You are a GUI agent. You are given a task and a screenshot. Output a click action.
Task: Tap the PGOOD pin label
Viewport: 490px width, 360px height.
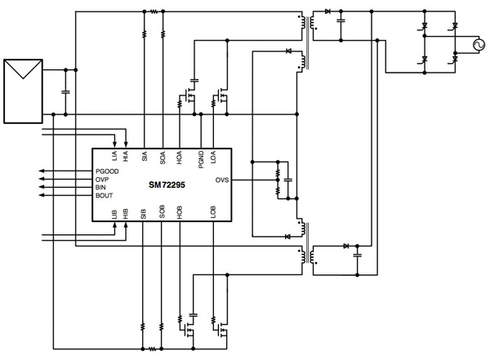108,171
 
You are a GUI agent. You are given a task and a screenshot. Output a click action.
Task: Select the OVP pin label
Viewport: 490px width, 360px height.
103,180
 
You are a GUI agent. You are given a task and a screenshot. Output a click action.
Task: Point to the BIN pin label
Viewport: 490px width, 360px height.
101,188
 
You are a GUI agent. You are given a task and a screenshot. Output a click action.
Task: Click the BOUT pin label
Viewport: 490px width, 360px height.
105,196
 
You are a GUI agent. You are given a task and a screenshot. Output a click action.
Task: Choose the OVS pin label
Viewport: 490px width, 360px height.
221,180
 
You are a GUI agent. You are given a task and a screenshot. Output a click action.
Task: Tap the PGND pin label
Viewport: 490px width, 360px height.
200,158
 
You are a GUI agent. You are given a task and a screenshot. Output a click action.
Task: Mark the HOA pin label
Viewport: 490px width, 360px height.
180,158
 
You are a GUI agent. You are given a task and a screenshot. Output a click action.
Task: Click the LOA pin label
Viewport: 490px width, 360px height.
212,157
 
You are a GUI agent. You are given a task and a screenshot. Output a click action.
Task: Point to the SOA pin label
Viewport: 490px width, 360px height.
163,157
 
